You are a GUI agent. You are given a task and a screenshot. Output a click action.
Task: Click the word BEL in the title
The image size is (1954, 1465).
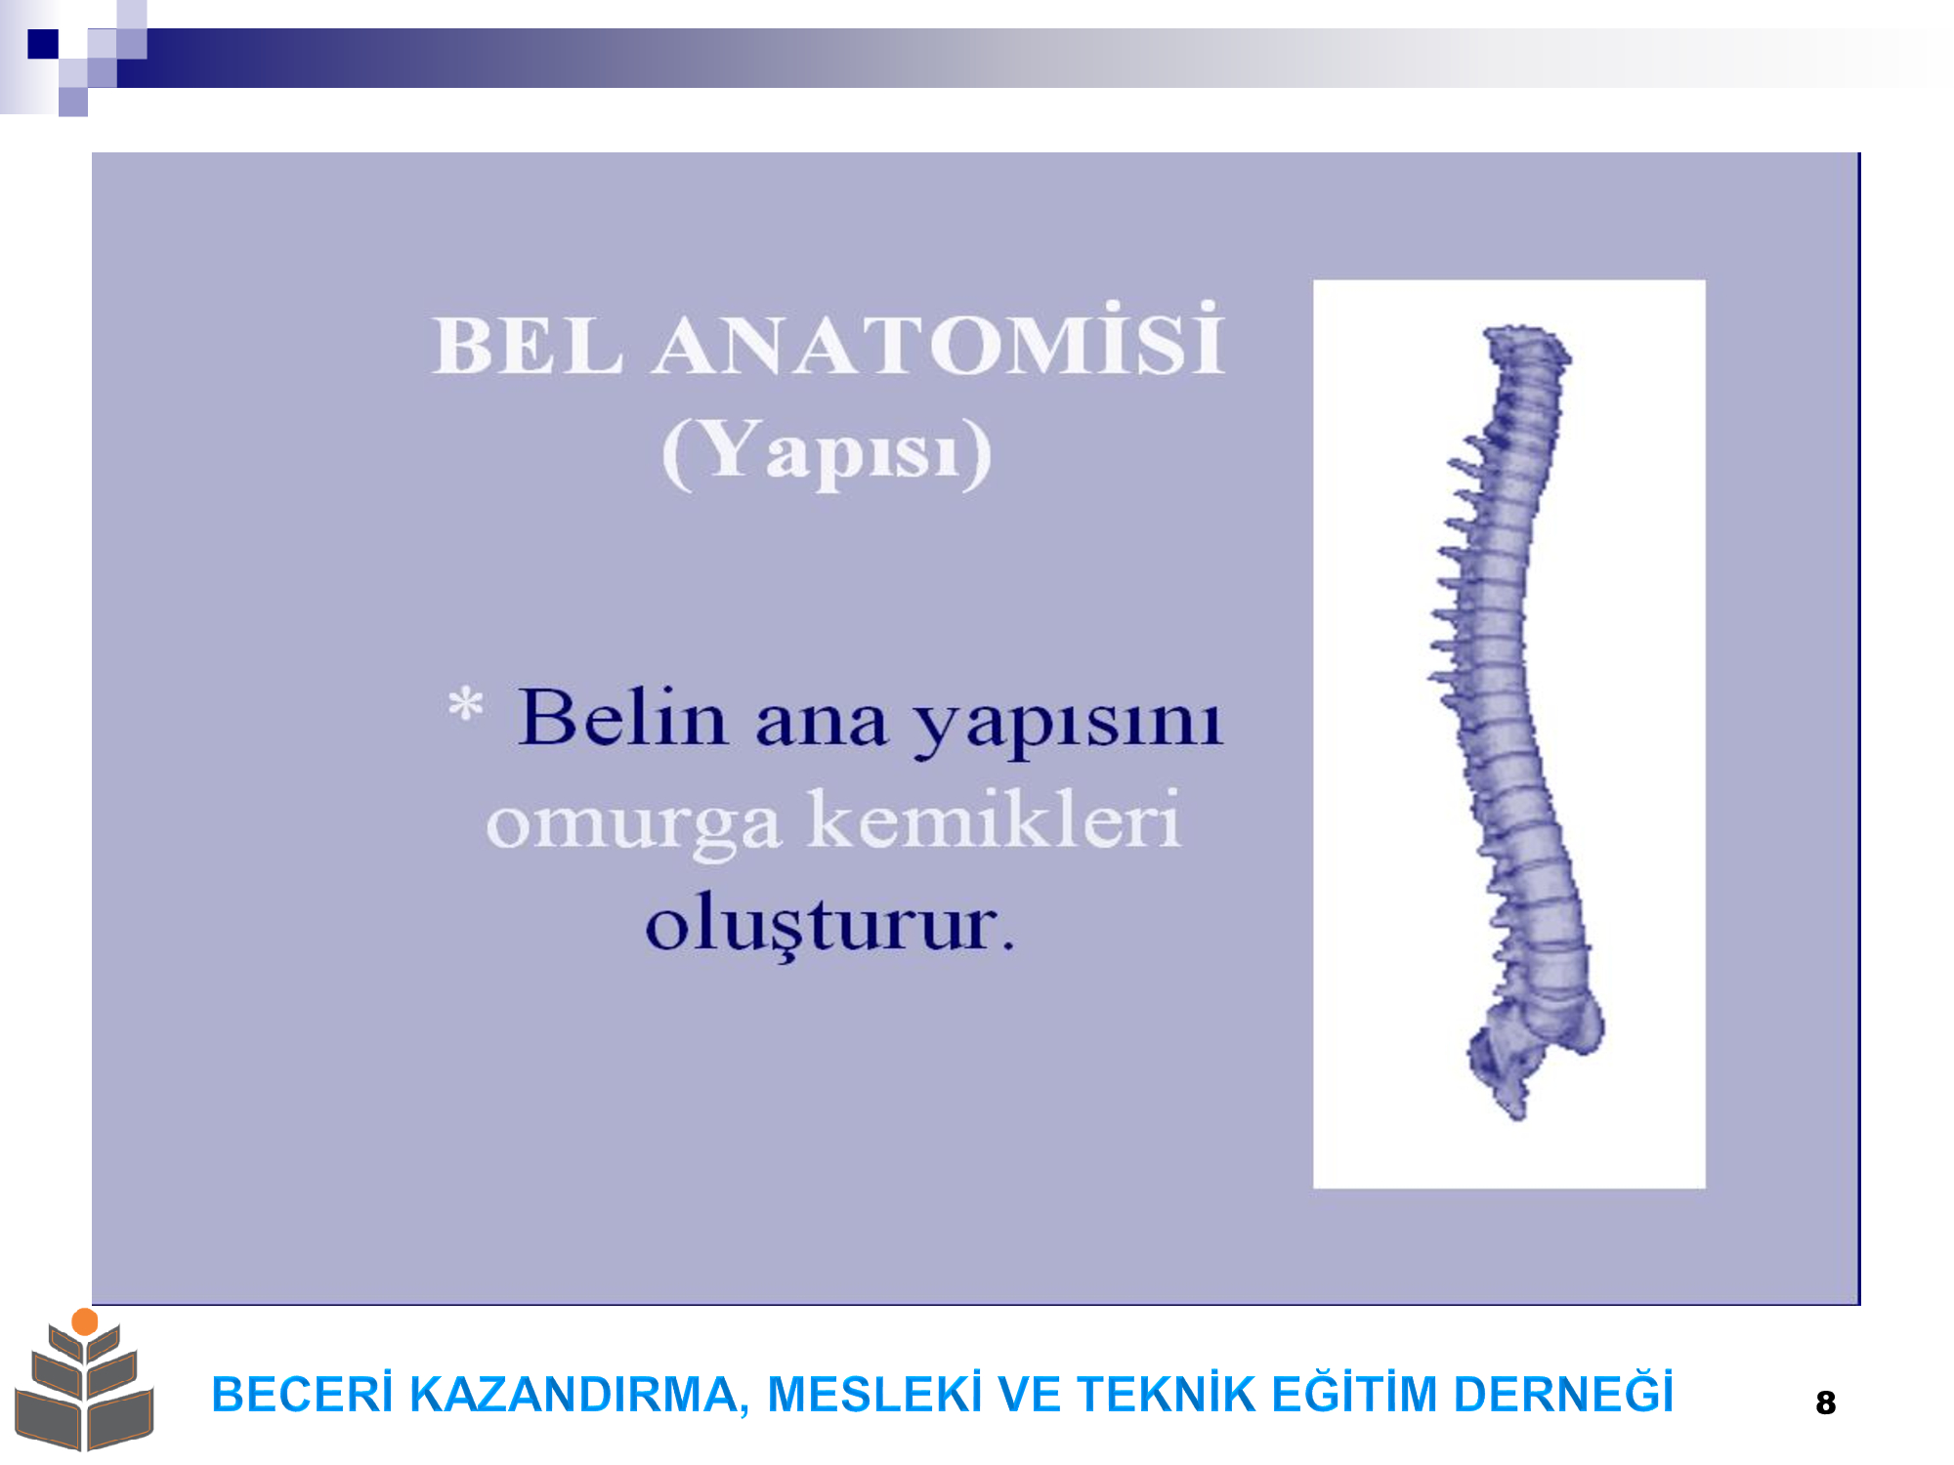[528, 346]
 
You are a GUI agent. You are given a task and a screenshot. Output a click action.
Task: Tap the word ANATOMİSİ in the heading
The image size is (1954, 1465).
[939, 339]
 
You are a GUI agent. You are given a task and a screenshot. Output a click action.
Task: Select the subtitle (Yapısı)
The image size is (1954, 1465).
[827, 451]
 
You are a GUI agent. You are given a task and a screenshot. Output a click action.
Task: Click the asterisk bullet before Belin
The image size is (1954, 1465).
[465, 704]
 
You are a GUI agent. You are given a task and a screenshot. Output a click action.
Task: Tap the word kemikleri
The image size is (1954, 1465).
[995, 818]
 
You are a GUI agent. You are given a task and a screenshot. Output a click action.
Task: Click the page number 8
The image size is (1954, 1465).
[1825, 1402]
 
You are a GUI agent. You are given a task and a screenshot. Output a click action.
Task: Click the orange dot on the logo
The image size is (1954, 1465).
[85, 1321]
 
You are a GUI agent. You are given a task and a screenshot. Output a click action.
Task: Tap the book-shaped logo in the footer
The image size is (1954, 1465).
[84, 1380]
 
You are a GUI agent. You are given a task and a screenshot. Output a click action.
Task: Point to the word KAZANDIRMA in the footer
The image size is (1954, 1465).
[579, 1395]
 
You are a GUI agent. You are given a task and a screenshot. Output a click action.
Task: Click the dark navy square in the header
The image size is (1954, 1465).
[43, 44]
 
